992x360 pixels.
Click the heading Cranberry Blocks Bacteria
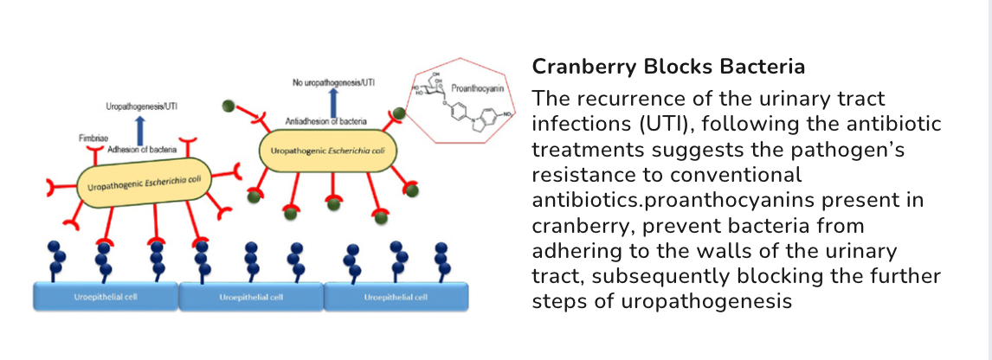tap(668, 67)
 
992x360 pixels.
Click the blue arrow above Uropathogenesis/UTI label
tap(140, 126)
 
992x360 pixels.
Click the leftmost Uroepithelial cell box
tap(105, 296)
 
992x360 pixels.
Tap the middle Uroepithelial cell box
tap(251, 296)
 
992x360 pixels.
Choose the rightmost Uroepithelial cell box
tap(396, 296)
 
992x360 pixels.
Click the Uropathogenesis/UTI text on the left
tap(142, 106)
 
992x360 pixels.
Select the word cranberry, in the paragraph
tap(576, 226)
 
